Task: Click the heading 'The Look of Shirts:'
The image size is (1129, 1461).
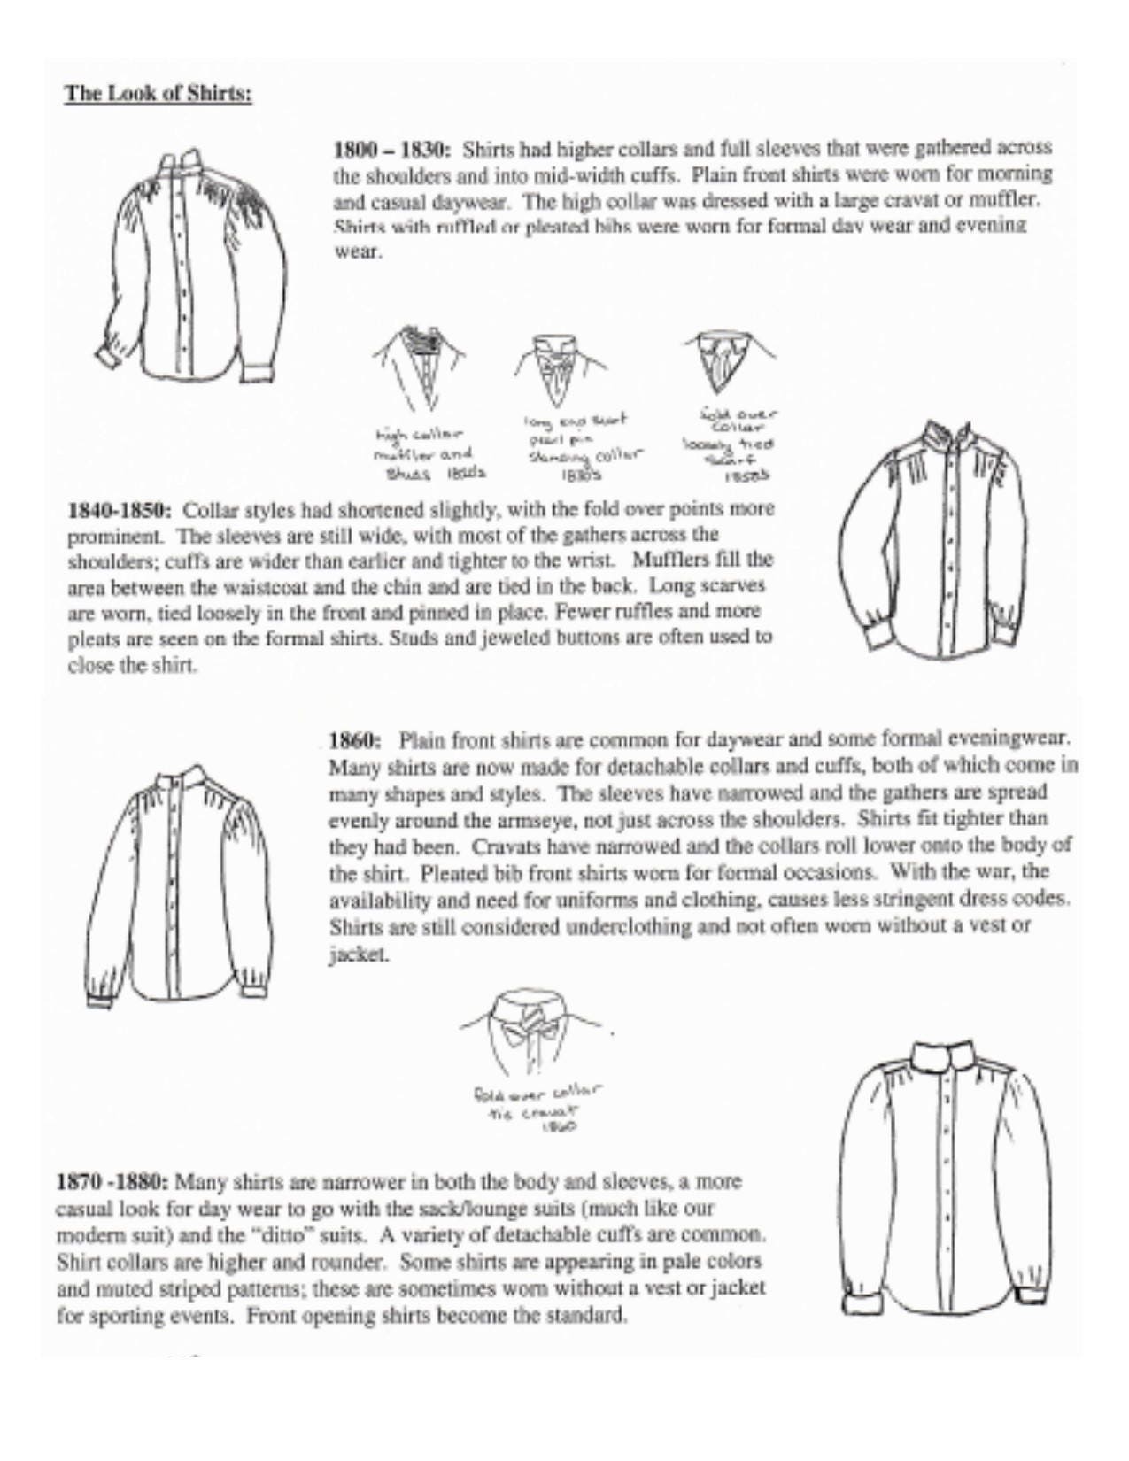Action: click(158, 94)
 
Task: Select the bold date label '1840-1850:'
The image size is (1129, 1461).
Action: click(120, 511)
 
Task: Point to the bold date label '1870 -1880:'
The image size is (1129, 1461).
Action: click(112, 1182)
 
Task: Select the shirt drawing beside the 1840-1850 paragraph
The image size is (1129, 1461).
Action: click(935, 540)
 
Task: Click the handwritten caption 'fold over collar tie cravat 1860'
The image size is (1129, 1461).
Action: click(537, 1106)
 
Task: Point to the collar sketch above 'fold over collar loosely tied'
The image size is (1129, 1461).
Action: click(729, 359)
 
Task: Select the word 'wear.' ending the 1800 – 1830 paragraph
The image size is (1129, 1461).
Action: click(357, 251)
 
